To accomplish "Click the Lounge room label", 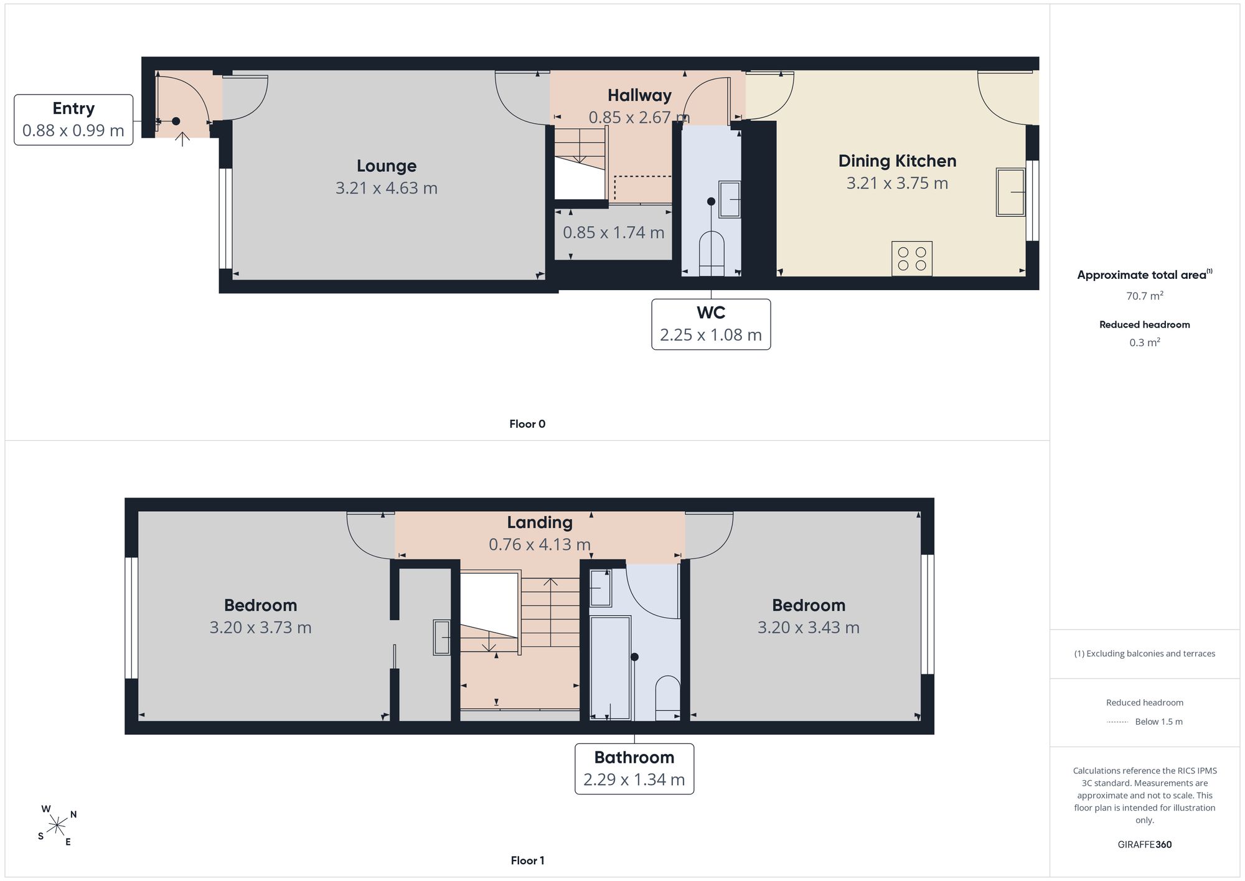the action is (387, 166).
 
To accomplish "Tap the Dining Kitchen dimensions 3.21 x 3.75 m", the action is (897, 183).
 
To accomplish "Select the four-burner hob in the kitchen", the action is (912, 258).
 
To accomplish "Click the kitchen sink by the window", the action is (1010, 192).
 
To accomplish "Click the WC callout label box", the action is (711, 324).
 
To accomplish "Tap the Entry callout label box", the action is (73, 120).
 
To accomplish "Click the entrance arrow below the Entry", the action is (182, 139).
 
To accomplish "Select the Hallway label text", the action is (639, 95).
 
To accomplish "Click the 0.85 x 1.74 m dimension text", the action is (613, 232).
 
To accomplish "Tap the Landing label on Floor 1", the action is (540, 522).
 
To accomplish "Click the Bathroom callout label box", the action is (634, 769).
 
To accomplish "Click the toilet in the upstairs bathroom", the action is (668, 697).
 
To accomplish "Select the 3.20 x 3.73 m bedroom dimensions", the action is (260, 628).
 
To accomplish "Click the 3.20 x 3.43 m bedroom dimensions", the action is (809, 628).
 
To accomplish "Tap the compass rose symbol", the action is (57, 826).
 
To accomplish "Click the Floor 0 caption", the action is (527, 424).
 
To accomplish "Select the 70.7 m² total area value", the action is (1145, 296).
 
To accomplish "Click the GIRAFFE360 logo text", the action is (1145, 845).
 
